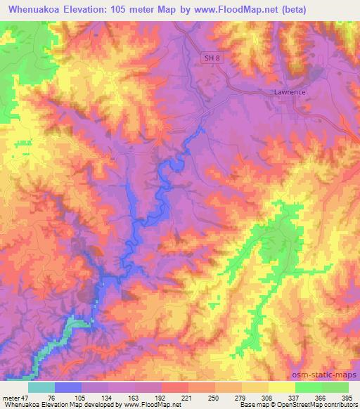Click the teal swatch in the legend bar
coord(41,387)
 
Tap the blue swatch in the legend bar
coord(68,387)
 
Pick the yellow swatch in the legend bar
coord(281,387)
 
